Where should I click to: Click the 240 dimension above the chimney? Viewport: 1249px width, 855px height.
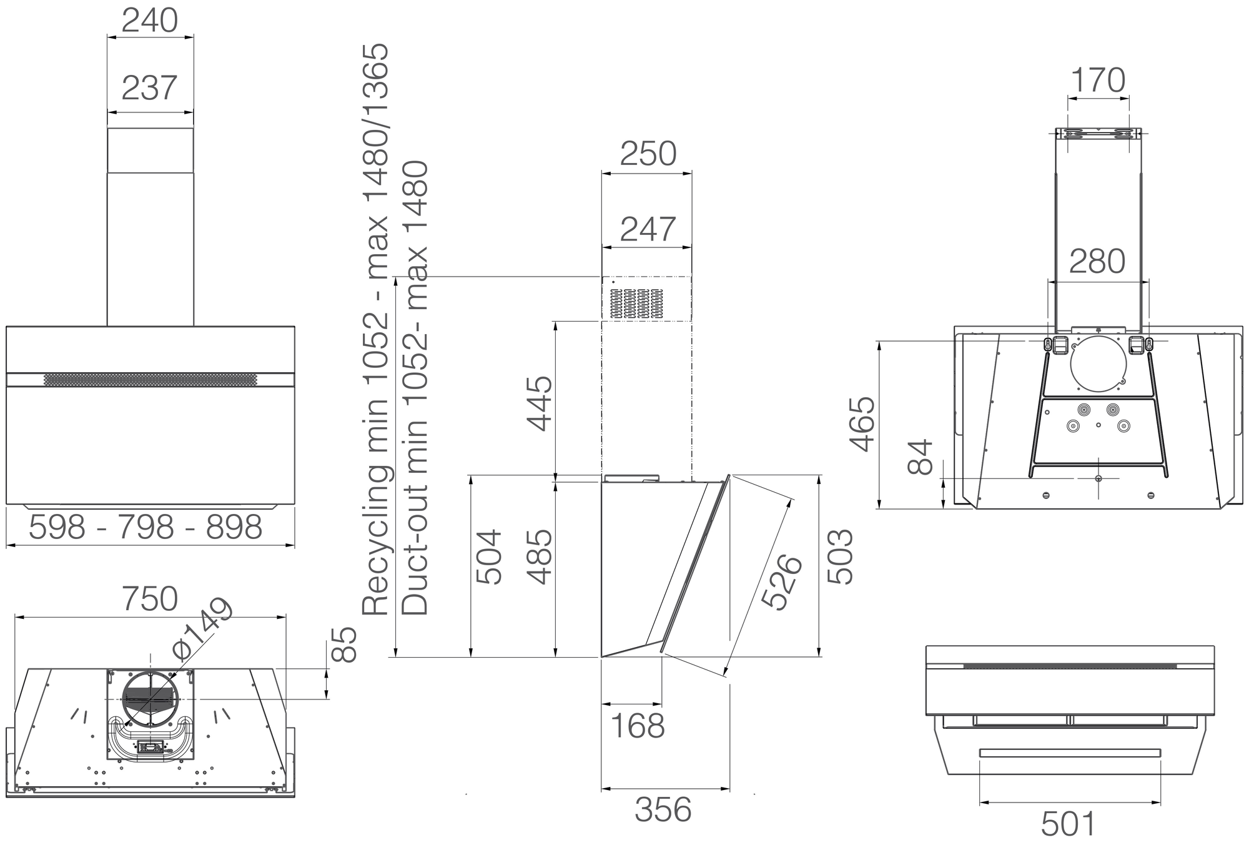click(150, 21)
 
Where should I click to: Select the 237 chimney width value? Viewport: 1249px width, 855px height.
click(150, 87)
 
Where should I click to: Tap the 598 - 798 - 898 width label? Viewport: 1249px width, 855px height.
click(146, 528)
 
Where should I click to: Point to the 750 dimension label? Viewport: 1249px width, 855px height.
click(150, 599)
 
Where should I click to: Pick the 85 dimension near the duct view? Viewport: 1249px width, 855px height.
click(344, 645)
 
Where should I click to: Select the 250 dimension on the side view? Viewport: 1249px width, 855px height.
click(648, 154)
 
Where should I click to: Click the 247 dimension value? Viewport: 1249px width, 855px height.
click(648, 229)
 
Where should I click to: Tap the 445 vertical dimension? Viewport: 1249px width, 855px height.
click(540, 403)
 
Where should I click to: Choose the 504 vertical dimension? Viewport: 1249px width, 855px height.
click(490, 557)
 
